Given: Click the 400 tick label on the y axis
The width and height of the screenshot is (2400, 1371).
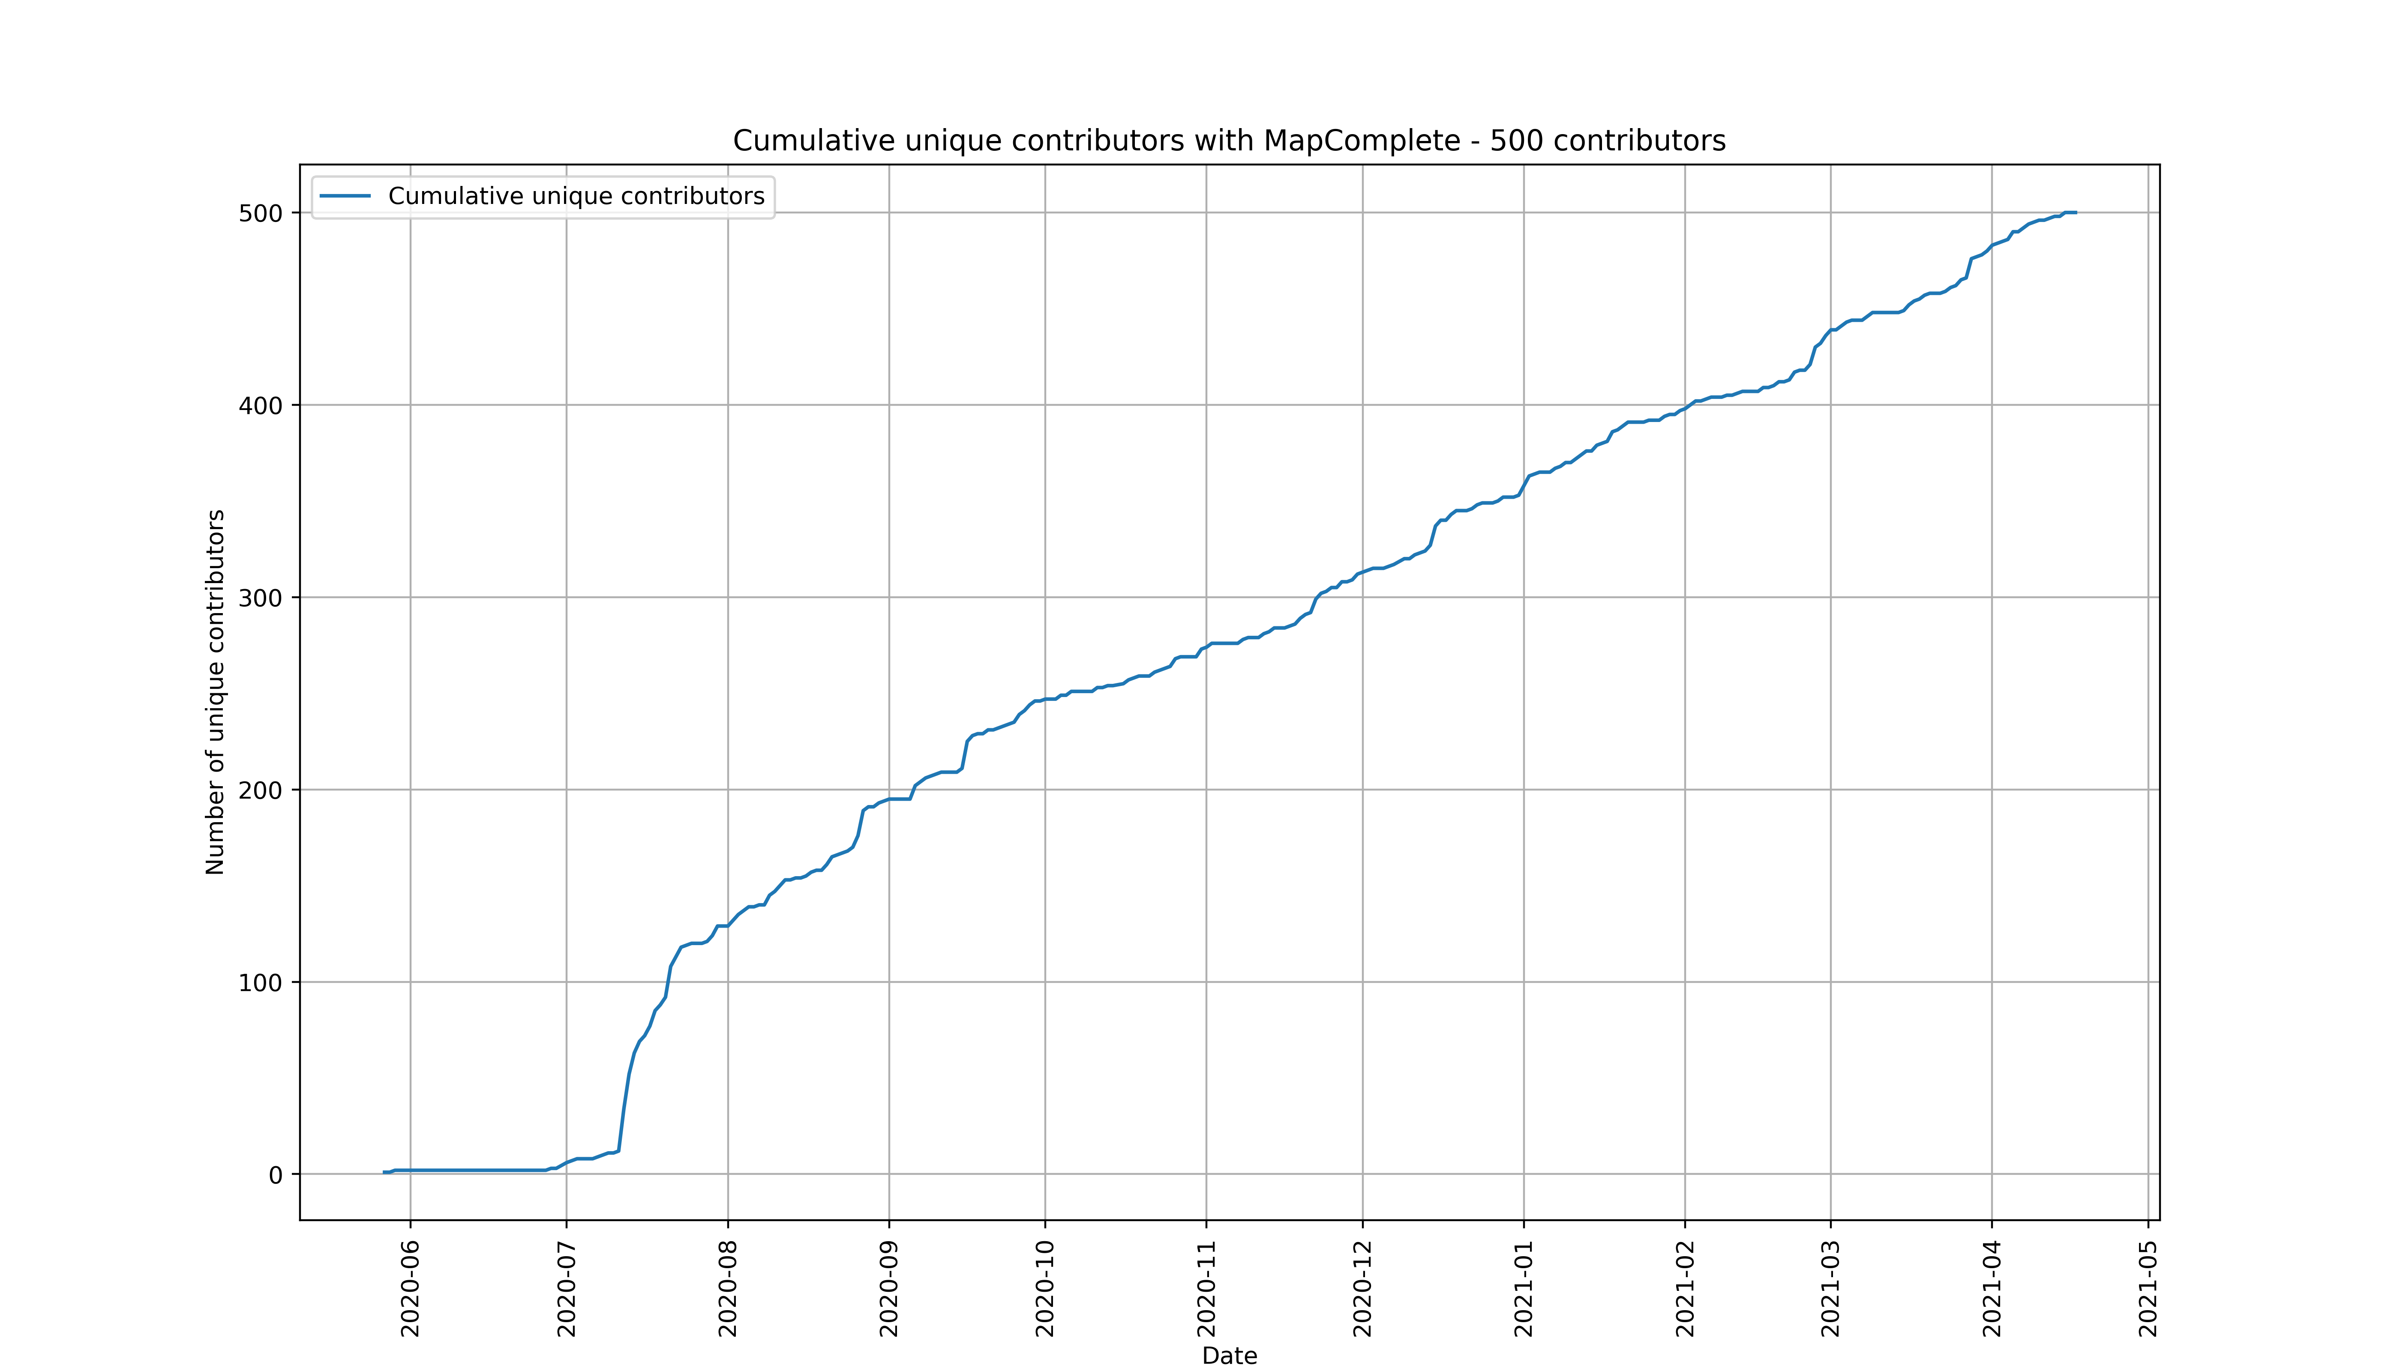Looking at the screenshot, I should [x=260, y=406].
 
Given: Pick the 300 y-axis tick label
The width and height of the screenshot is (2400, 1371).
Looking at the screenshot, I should [x=260, y=598].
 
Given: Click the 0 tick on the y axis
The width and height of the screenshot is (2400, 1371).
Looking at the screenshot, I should [x=275, y=1175].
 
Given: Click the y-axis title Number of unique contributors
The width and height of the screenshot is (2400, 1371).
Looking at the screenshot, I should [x=216, y=692].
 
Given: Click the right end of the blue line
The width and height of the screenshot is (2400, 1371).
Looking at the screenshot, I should [x=2075, y=213].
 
